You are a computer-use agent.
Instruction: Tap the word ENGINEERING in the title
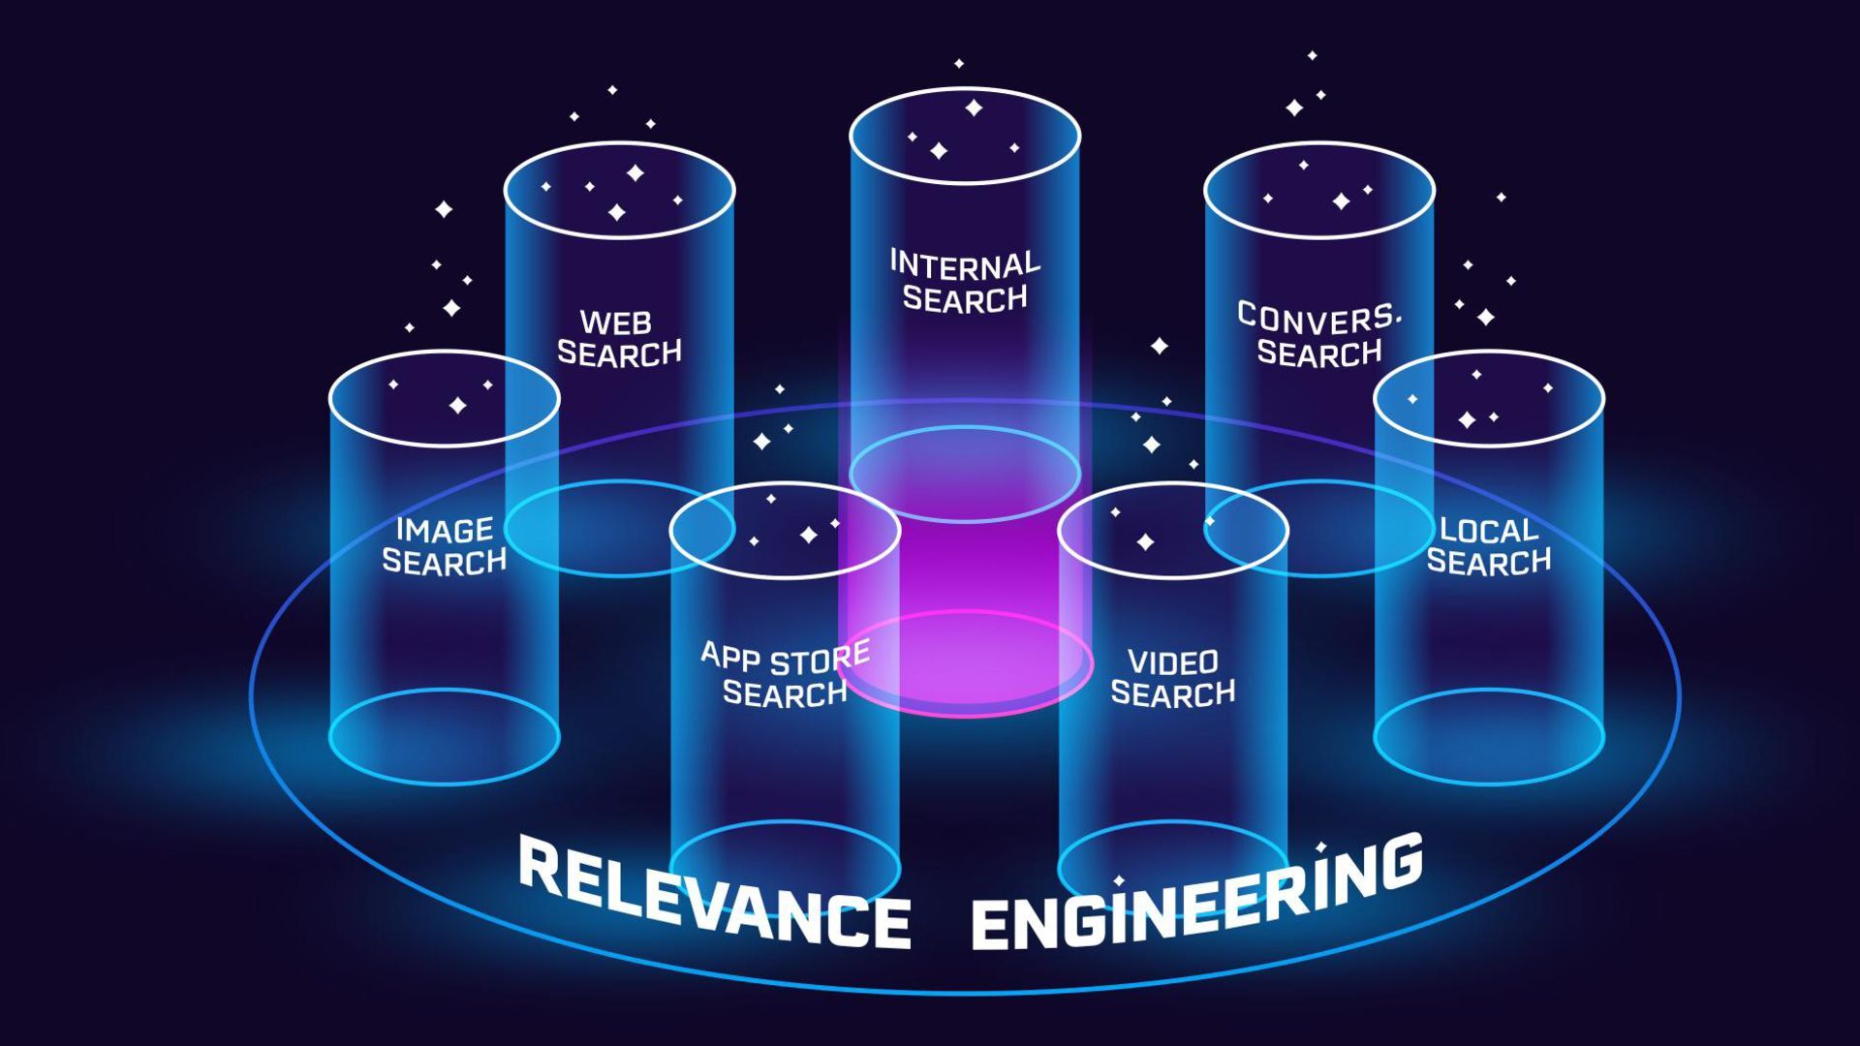pyautogui.click(x=1197, y=896)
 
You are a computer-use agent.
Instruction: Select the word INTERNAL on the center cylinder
pyautogui.click(x=964, y=263)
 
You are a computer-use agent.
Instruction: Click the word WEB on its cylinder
pyautogui.click(x=616, y=322)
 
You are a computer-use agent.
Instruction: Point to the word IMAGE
pyautogui.click(x=445, y=530)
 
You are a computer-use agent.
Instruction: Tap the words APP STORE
pyautogui.click(x=785, y=658)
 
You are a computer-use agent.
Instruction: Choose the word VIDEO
pyautogui.click(x=1173, y=662)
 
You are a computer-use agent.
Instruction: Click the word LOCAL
pyautogui.click(x=1489, y=530)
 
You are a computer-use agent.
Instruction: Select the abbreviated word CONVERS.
pyautogui.click(x=1318, y=318)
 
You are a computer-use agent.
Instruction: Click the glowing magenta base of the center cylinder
pyautogui.click(x=965, y=668)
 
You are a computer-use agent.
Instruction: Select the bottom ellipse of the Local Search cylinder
pyautogui.click(x=1489, y=781)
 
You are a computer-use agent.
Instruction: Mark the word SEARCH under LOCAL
pyautogui.click(x=1489, y=562)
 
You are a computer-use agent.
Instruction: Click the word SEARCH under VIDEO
pyautogui.click(x=1173, y=693)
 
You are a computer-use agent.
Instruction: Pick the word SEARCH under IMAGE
pyautogui.click(x=445, y=562)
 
